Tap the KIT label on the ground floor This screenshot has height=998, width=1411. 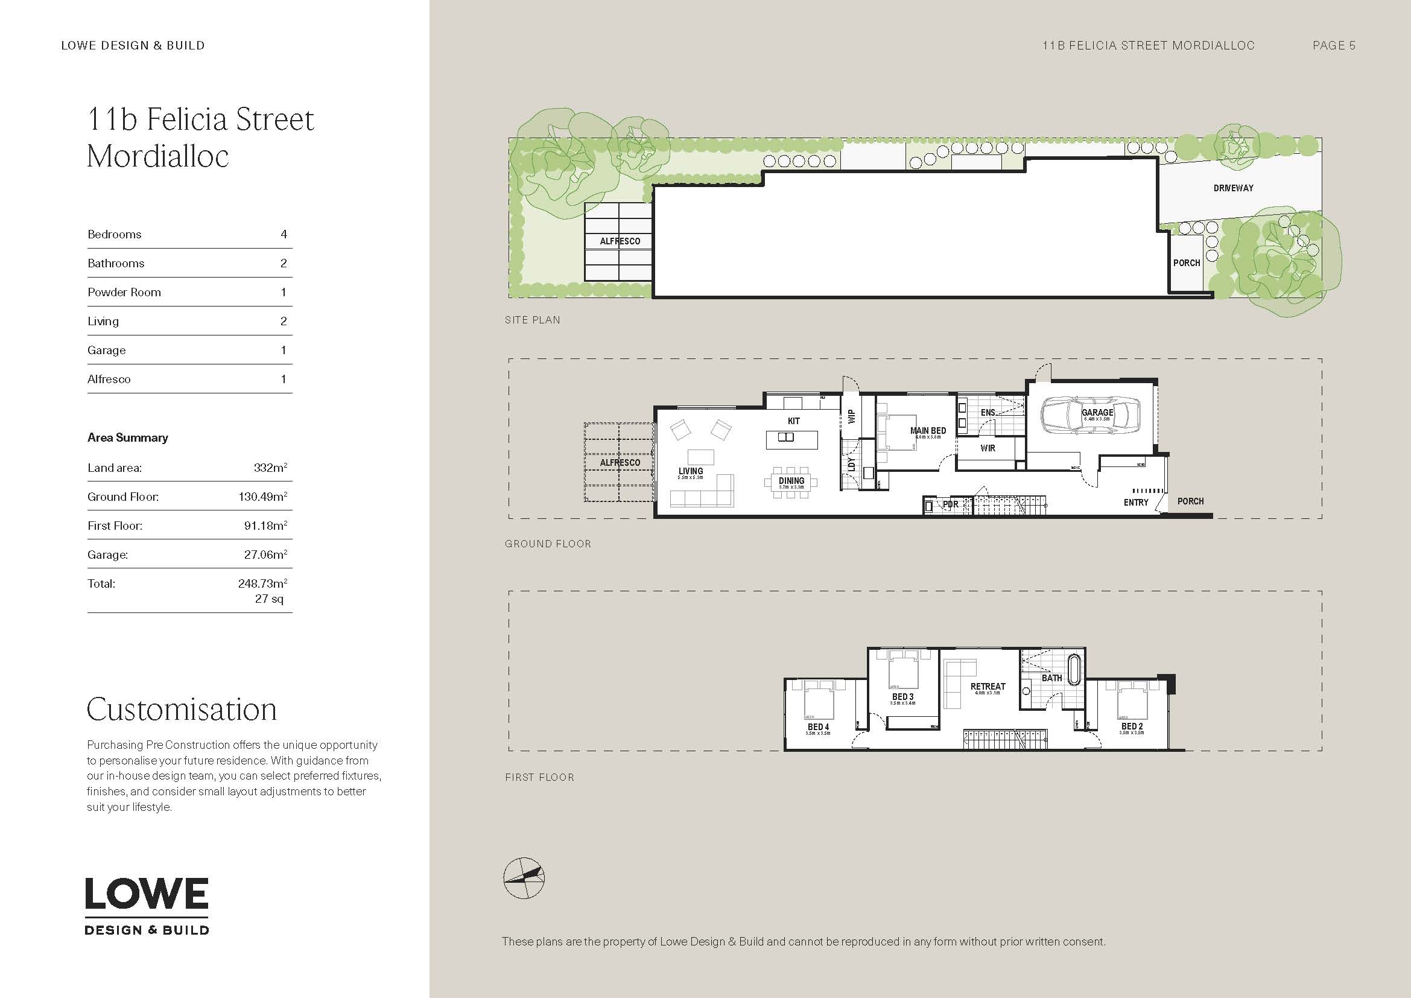tap(793, 421)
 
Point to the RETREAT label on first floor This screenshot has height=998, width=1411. tap(988, 686)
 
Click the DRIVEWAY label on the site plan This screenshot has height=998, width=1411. tap(1233, 188)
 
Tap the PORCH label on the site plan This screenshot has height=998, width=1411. tap(1186, 263)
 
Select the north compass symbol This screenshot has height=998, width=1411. tap(524, 877)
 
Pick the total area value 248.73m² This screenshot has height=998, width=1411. tap(262, 583)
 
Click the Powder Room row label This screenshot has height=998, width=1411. tap(124, 293)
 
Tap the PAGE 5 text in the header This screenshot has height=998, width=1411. tap(1334, 45)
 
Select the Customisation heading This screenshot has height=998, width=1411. tap(182, 709)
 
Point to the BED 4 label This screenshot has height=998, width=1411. tap(818, 727)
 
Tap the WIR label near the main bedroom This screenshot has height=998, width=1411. tap(988, 448)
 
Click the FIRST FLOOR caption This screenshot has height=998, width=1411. tap(539, 777)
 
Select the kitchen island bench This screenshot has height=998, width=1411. tap(793, 439)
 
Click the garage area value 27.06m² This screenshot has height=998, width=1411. tap(265, 555)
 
